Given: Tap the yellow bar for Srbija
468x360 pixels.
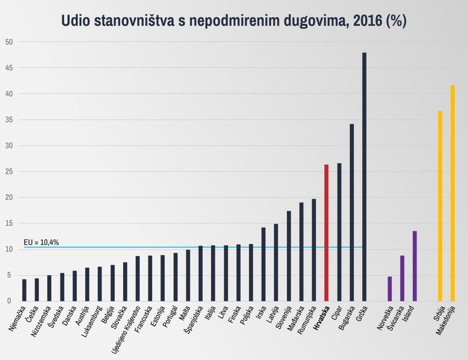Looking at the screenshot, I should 440,206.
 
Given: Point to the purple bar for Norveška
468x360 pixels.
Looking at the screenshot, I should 389,289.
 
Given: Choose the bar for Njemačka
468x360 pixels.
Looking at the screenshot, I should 24,290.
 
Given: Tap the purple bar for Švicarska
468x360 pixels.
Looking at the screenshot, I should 402,279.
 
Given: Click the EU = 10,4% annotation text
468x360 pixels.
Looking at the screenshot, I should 41,242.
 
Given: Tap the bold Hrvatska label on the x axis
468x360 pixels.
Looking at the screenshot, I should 322,318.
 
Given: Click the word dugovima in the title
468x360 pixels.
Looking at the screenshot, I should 298,21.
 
